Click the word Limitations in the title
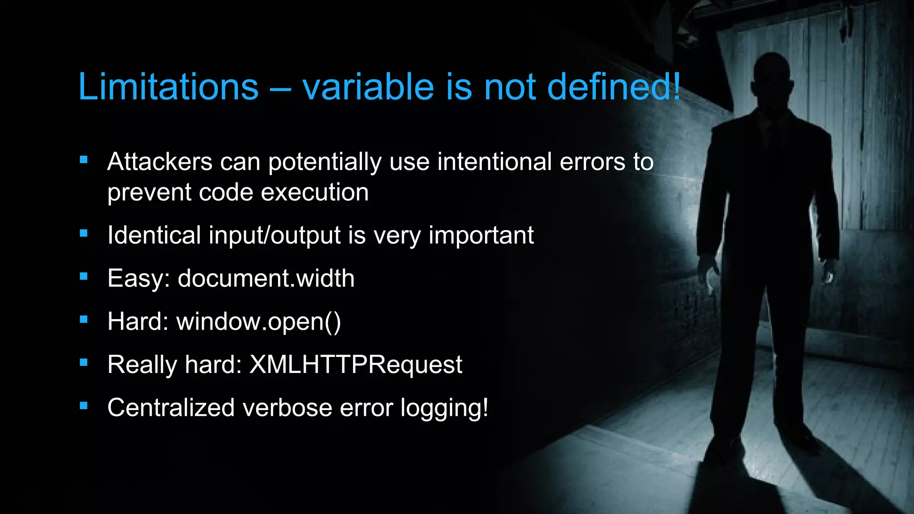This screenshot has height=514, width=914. [168, 87]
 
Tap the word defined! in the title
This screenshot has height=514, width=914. [614, 87]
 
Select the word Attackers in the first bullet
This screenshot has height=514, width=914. [159, 162]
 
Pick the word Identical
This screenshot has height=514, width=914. [154, 235]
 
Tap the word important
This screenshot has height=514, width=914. [481, 235]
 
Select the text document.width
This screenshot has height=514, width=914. [266, 278]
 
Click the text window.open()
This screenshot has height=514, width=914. [258, 321]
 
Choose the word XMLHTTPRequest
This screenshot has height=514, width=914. [356, 365]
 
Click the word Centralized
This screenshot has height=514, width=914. [171, 407]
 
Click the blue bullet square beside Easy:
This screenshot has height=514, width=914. [83, 276]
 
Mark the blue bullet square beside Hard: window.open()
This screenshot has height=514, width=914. [83, 319]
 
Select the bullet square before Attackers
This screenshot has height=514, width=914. [83, 160]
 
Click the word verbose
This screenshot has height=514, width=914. [287, 407]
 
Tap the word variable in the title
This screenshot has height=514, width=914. [368, 87]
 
